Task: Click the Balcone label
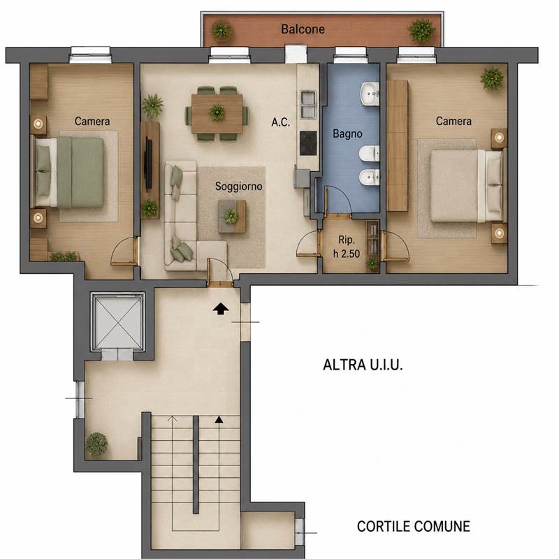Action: point(303,29)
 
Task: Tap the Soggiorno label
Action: point(238,186)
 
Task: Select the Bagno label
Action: point(347,133)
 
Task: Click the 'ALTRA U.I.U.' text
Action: point(363,365)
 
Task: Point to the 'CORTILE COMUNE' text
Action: point(413,526)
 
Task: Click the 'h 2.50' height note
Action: point(346,254)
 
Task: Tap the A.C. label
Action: point(281,122)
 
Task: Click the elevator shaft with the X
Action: point(117,321)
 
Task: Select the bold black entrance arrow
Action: point(221,309)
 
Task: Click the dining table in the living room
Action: point(217,114)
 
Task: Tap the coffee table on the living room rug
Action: point(232,217)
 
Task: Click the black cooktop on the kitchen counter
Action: point(308,143)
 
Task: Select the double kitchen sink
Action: point(308,104)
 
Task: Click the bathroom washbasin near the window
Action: point(370,94)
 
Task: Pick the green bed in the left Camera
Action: point(69,173)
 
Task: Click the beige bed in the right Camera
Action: point(467,185)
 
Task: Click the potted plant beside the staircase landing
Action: point(96,444)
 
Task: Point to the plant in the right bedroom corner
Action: point(492,78)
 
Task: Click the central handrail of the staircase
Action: point(196,465)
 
